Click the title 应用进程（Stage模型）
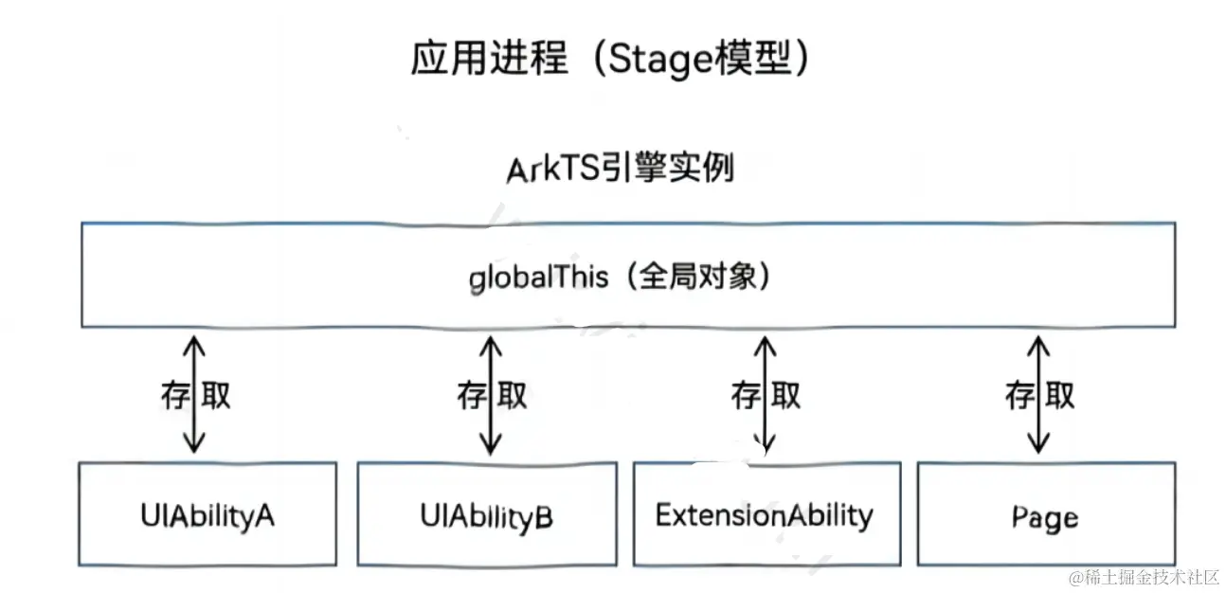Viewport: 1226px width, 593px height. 611,60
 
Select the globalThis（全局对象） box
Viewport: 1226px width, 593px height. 627,275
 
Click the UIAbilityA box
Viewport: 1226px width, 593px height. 207,514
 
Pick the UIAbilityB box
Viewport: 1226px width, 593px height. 486,514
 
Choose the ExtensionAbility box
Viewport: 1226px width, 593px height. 765,514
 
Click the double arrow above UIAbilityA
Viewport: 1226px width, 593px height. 194,393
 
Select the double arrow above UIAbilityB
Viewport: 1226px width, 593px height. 491,393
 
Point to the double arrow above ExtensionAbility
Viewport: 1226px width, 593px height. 766,393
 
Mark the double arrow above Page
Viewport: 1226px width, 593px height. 1039,393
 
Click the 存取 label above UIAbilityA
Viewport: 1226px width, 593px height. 195,395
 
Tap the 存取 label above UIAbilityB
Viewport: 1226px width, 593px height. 492,395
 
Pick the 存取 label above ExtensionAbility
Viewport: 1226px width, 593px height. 766,395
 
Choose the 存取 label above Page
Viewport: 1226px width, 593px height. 1040,395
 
